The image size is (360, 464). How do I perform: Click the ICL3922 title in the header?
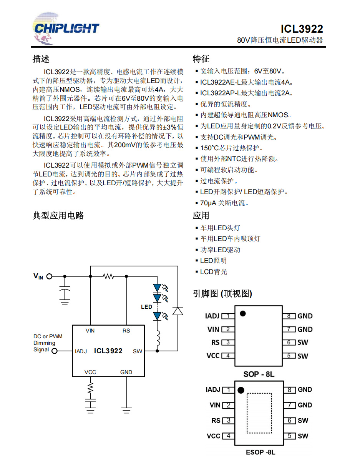click(x=302, y=29)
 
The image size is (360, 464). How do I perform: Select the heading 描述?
click(x=41, y=59)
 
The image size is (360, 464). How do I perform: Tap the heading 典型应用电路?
click(x=58, y=216)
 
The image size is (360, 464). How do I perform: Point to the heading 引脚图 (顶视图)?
click(x=222, y=294)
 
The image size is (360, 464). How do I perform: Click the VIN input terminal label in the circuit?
click(x=38, y=276)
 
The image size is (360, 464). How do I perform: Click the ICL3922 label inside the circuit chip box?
click(x=108, y=351)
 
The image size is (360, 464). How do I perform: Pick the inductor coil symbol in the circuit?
click(x=157, y=338)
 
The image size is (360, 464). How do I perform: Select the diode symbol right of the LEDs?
click(x=178, y=311)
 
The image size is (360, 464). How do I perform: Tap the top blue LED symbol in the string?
click(x=157, y=288)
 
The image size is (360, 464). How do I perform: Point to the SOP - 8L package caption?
click(x=259, y=374)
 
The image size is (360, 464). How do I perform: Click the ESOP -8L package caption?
click(x=260, y=452)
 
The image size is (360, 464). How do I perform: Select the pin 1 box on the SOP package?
click(x=228, y=316)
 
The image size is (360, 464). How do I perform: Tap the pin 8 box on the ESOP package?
click(x=290, y=390)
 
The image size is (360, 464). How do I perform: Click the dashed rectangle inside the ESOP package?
click(x=259, y=412)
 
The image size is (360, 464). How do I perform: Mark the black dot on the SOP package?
click(x=243, y=313)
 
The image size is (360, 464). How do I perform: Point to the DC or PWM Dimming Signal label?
click(x=48, y=343)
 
